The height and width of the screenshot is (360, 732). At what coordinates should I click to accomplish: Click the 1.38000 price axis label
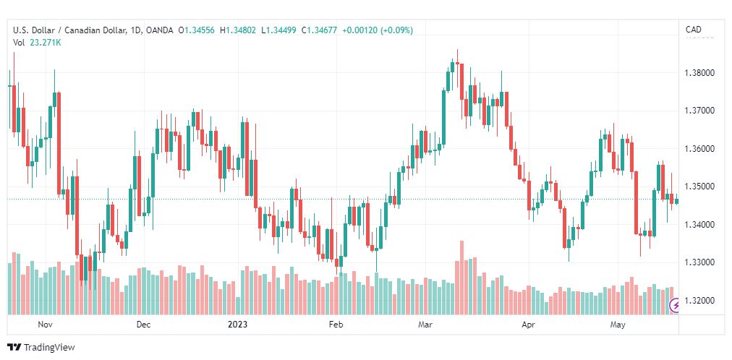[700, 73]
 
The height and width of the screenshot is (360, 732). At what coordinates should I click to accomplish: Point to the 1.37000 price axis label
[700, 111]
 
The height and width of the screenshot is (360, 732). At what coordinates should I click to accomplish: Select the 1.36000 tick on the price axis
[700, 149]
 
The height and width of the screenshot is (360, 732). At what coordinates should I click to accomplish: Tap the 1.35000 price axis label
[700, 187]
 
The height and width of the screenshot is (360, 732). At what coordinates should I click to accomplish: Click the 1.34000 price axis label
[700, 225]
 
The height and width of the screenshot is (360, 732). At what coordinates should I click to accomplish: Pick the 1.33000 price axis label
[700, 262]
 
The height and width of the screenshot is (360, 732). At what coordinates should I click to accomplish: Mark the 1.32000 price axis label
[700, 300]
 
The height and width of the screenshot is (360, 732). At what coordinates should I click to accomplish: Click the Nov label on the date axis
[45, 324]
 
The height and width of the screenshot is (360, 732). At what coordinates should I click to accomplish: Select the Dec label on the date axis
[144, 324]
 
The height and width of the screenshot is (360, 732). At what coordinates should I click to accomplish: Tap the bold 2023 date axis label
[237, 324]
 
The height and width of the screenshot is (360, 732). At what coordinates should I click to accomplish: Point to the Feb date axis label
[336, 324]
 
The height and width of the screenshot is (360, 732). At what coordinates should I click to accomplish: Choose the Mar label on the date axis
[425, 324]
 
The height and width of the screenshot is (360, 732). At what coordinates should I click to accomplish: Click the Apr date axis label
[527, 324]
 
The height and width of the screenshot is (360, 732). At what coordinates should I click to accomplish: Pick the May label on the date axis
[618, 324]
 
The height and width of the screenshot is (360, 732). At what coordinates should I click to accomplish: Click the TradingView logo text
[49, 348]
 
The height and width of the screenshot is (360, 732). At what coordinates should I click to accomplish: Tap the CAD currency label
[693, 30]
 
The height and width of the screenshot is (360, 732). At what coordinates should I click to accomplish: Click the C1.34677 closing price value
[319, 30]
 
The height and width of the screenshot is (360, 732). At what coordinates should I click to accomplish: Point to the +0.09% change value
[397, 30]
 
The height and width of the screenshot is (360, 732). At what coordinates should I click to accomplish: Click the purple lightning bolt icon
[675, 306]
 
